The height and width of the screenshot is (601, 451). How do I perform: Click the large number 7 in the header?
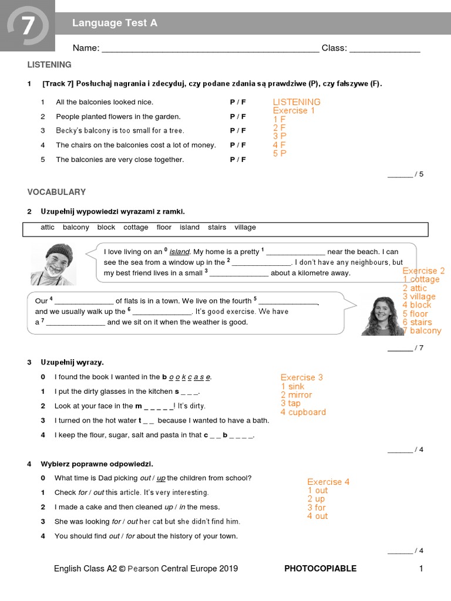(x=28, y=26)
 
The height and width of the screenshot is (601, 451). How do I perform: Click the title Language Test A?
(x=115, y=23)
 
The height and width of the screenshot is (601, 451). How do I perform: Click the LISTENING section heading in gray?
(x=49, y=65)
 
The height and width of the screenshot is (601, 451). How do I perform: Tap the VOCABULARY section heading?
(x=56, y=192)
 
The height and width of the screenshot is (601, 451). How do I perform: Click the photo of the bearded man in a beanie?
(x=54, y=264)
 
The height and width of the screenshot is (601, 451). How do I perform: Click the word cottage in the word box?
(x=136, y=227)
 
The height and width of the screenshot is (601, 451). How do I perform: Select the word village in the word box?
(x=245, y=227)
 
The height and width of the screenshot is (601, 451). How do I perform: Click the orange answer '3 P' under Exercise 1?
(x=280, y=136)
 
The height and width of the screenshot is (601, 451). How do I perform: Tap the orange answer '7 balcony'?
(x=422, y=330)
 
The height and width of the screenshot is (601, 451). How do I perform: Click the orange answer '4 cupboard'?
(x=303, y=412)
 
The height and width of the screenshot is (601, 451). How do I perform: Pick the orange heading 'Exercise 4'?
(x=328, y=482)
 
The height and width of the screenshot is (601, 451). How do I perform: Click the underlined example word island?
(x=180, y=252)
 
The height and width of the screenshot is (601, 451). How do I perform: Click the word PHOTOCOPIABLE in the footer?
(x=320, y=568)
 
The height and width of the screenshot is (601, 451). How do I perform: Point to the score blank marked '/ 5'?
(x=405, y=174)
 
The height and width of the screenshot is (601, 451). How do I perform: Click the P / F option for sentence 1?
(x=238, y=102)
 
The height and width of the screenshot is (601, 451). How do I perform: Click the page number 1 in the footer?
(x=420, y=568)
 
